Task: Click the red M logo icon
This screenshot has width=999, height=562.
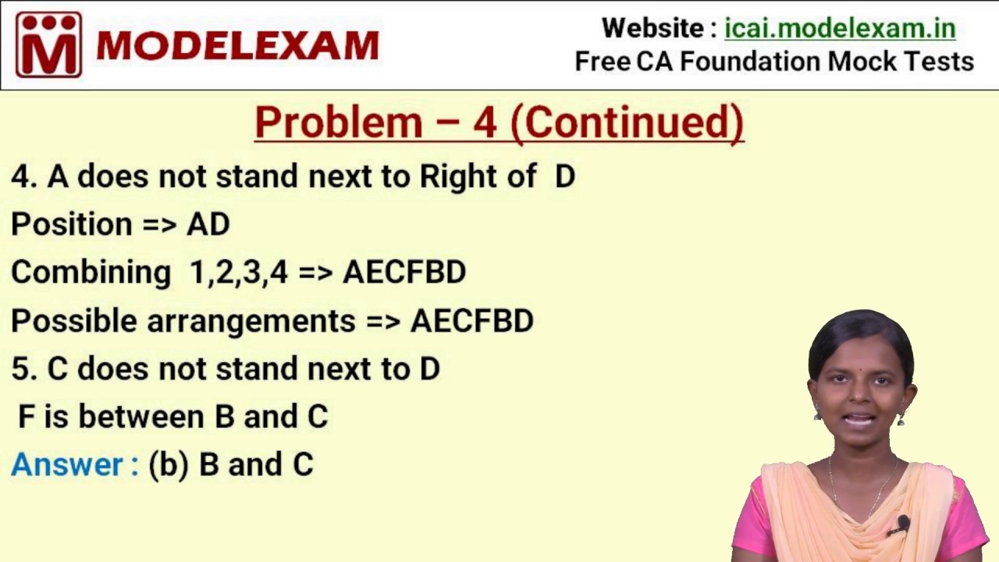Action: coord(48,44)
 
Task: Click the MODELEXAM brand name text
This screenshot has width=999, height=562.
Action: coord(237,46)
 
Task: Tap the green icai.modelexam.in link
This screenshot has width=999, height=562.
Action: coord(840,28)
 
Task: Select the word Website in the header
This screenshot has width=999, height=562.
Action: coord(652,28)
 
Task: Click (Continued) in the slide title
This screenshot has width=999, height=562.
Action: coord(633,123)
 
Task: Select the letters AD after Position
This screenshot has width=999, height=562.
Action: coord(208,225)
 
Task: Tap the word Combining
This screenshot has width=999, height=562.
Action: coord(91,272)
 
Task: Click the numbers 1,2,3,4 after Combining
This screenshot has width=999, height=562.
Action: coord(239,272)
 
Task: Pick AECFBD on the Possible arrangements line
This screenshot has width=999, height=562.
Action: coord(472,321)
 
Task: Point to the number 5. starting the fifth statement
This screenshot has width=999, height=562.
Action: coord(24,368)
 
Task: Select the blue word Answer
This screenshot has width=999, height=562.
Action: coord(68,465)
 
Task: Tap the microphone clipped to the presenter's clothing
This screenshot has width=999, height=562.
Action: coord(903,524)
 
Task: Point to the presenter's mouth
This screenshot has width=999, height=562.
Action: coord(860,420)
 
